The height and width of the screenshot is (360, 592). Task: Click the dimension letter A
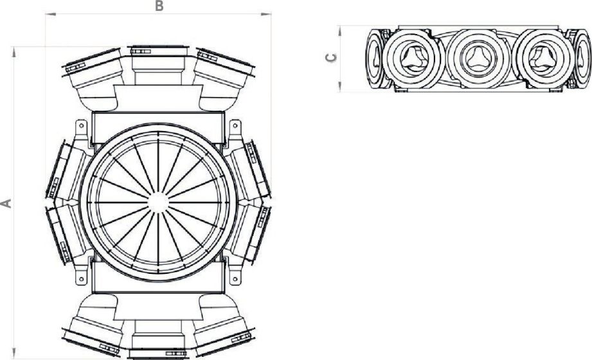pos(7,203)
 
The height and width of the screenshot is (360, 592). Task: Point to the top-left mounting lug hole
pos(81,127)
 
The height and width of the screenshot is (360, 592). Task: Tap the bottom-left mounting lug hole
pos(81,278)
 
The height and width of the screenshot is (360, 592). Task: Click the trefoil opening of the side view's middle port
pos(476,57)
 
